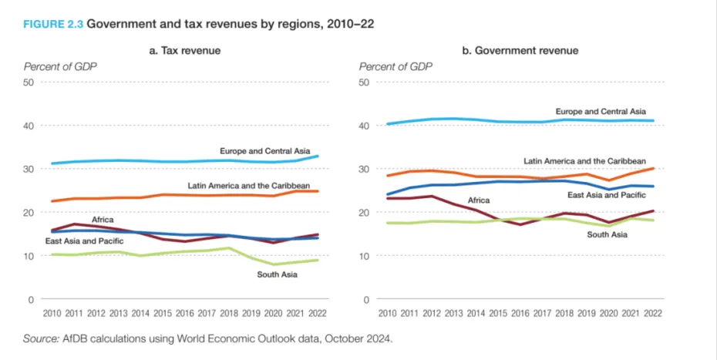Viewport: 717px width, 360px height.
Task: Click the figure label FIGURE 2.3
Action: pos(52,24)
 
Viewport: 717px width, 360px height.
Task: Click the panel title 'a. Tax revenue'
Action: pos(184,51)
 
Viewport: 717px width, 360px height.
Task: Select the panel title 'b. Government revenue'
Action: pos(520,51)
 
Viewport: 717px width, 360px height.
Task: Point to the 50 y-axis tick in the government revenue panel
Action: pos(366,82)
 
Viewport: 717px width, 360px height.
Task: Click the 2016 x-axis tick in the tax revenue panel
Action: pos(184,314)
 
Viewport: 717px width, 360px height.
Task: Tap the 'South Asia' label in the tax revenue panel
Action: pos(277,274)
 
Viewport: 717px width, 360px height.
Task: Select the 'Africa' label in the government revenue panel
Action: pos(477,200)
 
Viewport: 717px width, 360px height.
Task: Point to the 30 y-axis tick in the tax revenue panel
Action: pos(31,169)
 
